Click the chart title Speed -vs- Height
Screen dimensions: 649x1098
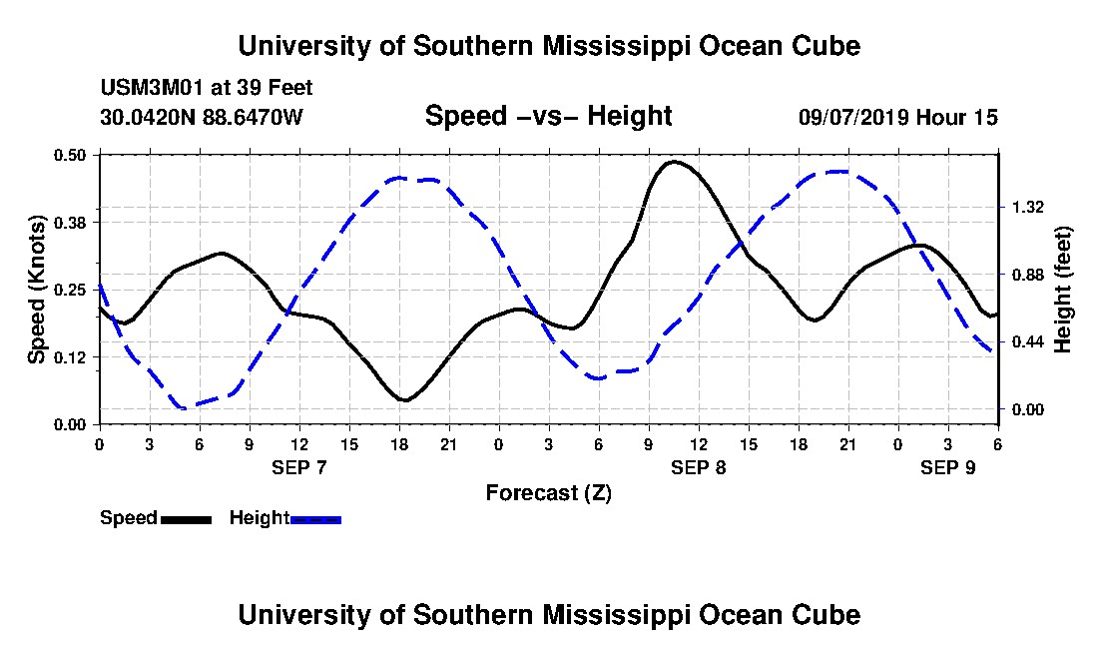click(548, 117)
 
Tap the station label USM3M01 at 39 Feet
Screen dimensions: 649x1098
click(207, 88)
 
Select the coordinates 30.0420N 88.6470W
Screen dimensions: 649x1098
click(201, 117)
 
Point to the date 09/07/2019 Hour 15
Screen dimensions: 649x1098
click(897, 117)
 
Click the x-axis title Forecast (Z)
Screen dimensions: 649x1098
click(548, 492)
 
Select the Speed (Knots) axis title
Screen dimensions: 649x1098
click(37, 290)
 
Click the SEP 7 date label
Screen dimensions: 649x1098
click(299, 467)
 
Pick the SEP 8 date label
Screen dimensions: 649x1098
click(699, 467)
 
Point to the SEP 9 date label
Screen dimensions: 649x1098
click(948, 467)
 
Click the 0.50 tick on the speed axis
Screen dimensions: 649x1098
click(73, 155)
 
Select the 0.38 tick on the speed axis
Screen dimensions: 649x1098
click(73, 222)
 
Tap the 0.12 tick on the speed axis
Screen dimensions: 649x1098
click(73, 356)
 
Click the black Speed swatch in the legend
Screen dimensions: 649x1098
click(186, 519)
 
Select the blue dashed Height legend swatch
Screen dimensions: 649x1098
click(315, 519)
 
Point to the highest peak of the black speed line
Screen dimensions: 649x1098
click(675, 161)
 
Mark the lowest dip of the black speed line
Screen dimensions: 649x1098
click(404, 400)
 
